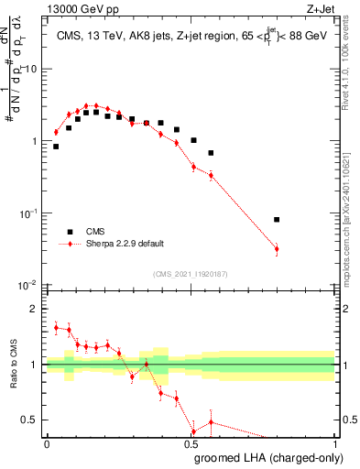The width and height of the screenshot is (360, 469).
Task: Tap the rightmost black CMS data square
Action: (x=277, y=220)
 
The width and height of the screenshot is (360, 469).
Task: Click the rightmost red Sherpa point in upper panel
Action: (x=277, y=249)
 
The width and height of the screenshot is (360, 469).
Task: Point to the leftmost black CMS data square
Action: (x=56, y=147)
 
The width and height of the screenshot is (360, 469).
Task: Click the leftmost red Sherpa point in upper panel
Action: (x=56, y=132)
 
